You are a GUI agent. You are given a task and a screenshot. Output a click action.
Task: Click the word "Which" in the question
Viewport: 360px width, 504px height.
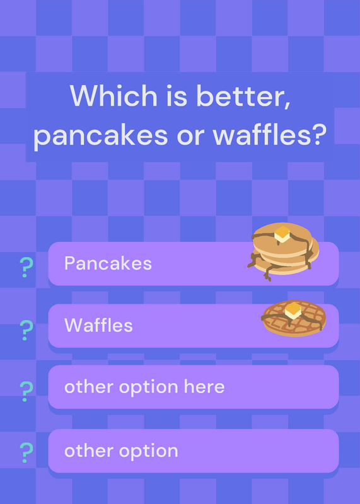[x=113, y=96]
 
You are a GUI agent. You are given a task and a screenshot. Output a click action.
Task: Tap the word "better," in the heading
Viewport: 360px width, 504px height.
[x=243, y=96]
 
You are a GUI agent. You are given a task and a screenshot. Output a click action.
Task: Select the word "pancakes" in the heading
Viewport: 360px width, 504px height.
[x=101, y=135]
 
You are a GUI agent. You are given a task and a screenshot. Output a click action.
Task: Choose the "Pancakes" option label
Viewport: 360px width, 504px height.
[x=108, y=263]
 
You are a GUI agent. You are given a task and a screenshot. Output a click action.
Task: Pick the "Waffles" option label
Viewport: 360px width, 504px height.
[x=98, y=325]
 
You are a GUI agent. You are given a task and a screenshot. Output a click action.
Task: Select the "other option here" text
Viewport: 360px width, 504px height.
[x=144, y=387]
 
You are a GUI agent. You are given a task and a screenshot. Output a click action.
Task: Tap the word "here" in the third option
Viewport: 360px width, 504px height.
[x=204, y=386]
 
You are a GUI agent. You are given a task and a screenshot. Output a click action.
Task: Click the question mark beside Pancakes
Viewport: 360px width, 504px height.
[x=26, y=267]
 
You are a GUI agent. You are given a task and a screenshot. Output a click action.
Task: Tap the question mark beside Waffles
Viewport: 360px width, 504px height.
[x=26, y=330]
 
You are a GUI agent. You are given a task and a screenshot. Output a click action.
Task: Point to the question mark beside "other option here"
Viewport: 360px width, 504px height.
[x=26, y=391]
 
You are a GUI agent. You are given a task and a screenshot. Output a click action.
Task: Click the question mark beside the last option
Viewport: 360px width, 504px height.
[x=26, y=452]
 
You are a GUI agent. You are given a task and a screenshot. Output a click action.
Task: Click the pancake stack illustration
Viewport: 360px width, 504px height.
[x=283, y=251]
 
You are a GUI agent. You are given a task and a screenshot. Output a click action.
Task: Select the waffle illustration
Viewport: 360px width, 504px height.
[x=294, y=318]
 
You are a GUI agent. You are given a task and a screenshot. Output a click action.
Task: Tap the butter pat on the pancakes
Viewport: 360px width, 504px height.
[x=282, y=234]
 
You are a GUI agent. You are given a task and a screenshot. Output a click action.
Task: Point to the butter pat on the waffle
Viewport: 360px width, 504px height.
[x=293, y=311]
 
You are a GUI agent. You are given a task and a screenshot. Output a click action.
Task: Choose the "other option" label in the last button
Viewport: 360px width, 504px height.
[x=121, y=451]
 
